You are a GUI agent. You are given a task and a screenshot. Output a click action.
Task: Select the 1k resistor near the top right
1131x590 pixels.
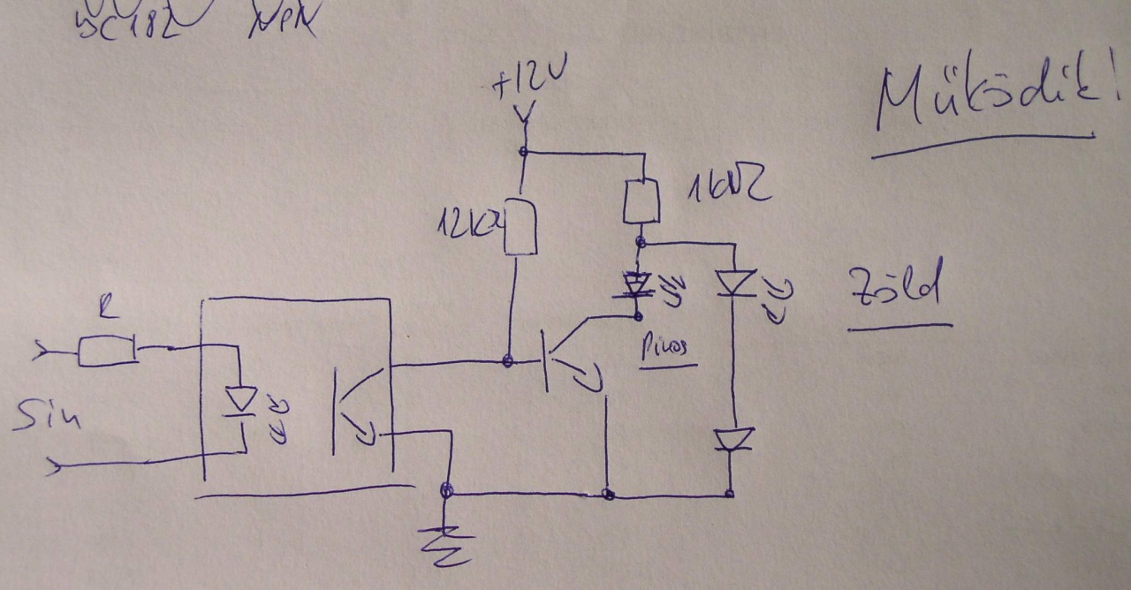641,201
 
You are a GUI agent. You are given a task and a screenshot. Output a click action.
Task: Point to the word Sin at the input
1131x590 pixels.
46,414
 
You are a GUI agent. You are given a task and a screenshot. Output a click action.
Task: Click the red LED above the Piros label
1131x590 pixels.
638,285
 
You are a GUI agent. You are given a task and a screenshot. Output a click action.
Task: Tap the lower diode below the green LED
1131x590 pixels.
732,439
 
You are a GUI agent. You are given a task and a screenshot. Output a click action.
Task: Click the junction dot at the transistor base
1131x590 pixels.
508,360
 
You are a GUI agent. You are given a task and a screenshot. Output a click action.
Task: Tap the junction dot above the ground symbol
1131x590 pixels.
448,490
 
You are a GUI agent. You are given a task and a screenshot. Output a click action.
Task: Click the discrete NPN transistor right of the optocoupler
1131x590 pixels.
565,358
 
